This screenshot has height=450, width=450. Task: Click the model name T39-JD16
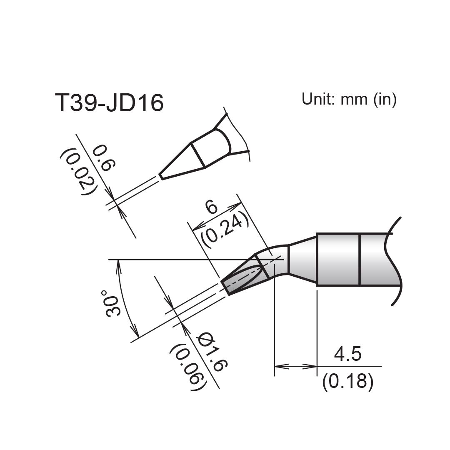109,103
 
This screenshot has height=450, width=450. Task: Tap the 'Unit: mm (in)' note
349,99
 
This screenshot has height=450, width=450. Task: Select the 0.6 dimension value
102,158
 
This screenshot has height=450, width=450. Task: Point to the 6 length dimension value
212,207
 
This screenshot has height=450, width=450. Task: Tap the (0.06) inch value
188,367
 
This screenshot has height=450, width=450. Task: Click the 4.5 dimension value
348,355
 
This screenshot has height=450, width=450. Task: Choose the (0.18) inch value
348,381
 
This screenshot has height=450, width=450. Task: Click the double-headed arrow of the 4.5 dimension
295,367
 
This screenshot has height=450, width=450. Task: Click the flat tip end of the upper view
160,177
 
